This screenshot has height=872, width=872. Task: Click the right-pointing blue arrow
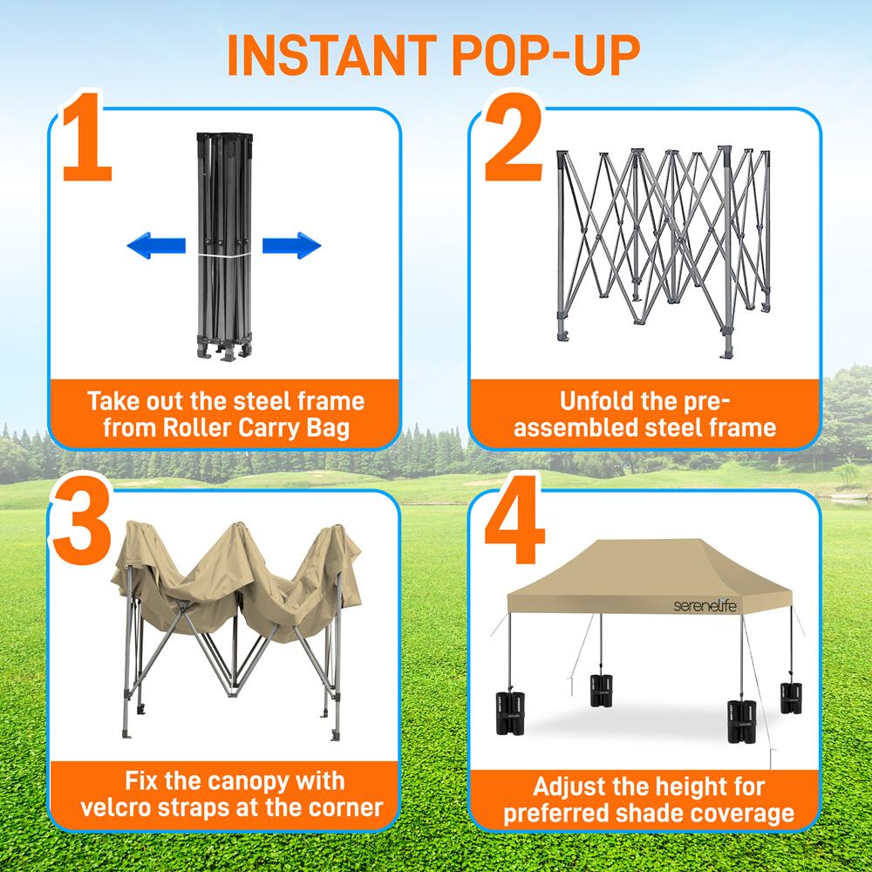click(292, 246)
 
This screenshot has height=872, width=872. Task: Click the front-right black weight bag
click(742, 720)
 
